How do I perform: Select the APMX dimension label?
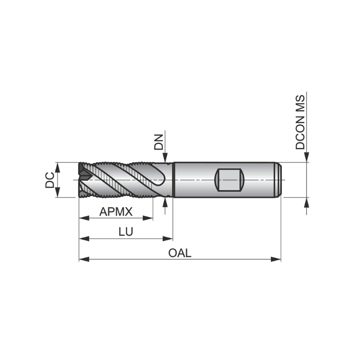click(116, 211)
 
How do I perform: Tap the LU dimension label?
click(126, 232)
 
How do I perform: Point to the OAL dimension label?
click(180, 253)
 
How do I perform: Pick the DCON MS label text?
click(300, 122)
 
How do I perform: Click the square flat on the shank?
click(230, 180)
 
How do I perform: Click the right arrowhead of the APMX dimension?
click(149, 218)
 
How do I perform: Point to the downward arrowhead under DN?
click(166, 158)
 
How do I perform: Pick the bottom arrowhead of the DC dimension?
click(57, 193)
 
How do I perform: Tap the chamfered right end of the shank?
click(279, 180)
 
